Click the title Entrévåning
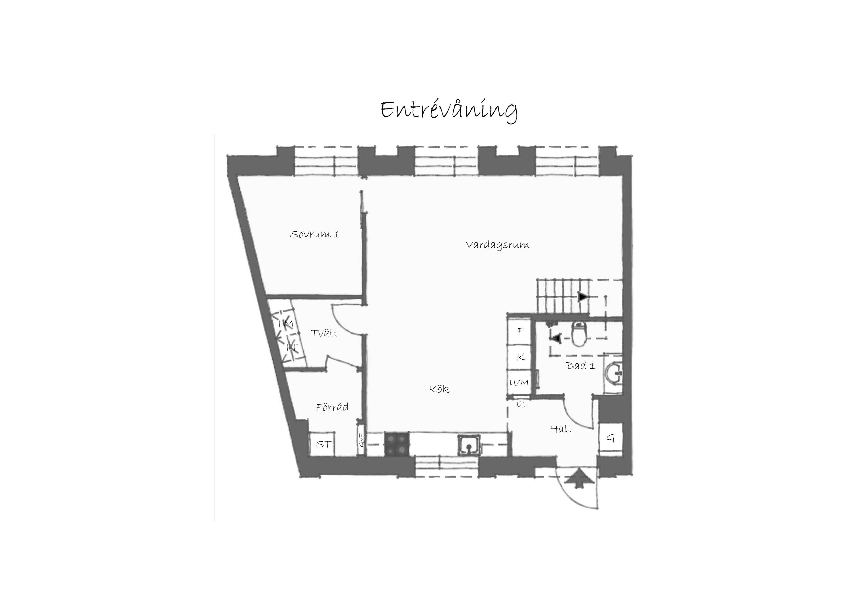[x=449, y=110]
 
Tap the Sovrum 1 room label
[x=314, y=234]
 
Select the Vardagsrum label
[x=497, y=245]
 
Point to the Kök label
[x=439, y=389]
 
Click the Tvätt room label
[x=324, y=333]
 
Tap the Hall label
[x=560, y=429]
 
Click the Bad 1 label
[x=581, y=366]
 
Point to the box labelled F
[x=520, y=331]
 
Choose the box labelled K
[x=520, y=357]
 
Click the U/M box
[x=520, y=382]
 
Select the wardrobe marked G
[x=610, y=438]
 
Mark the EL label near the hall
[x=522, y=404]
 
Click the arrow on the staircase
[x=583, y=297]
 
